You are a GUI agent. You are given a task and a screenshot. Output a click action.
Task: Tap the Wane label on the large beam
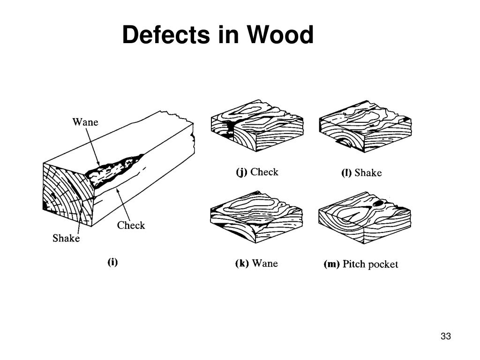85,122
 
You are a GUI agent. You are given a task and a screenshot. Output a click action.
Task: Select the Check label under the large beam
131,225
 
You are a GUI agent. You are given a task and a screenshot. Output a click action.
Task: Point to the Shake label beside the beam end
66,239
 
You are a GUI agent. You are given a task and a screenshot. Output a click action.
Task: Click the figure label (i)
112,262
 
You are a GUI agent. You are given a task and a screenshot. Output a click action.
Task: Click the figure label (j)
241,172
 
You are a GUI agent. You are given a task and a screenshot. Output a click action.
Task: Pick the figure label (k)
242,263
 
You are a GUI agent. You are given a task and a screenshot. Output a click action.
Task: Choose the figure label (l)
346,173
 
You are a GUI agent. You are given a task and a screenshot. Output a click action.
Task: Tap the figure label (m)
332,264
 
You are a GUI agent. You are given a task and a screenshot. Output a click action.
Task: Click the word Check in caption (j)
264,172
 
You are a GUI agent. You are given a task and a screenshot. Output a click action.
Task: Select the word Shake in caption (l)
368,173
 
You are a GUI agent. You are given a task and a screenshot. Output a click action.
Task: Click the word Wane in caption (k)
265,263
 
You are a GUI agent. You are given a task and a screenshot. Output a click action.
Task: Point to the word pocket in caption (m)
383,264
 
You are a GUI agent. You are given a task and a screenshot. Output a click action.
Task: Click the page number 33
445,337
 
